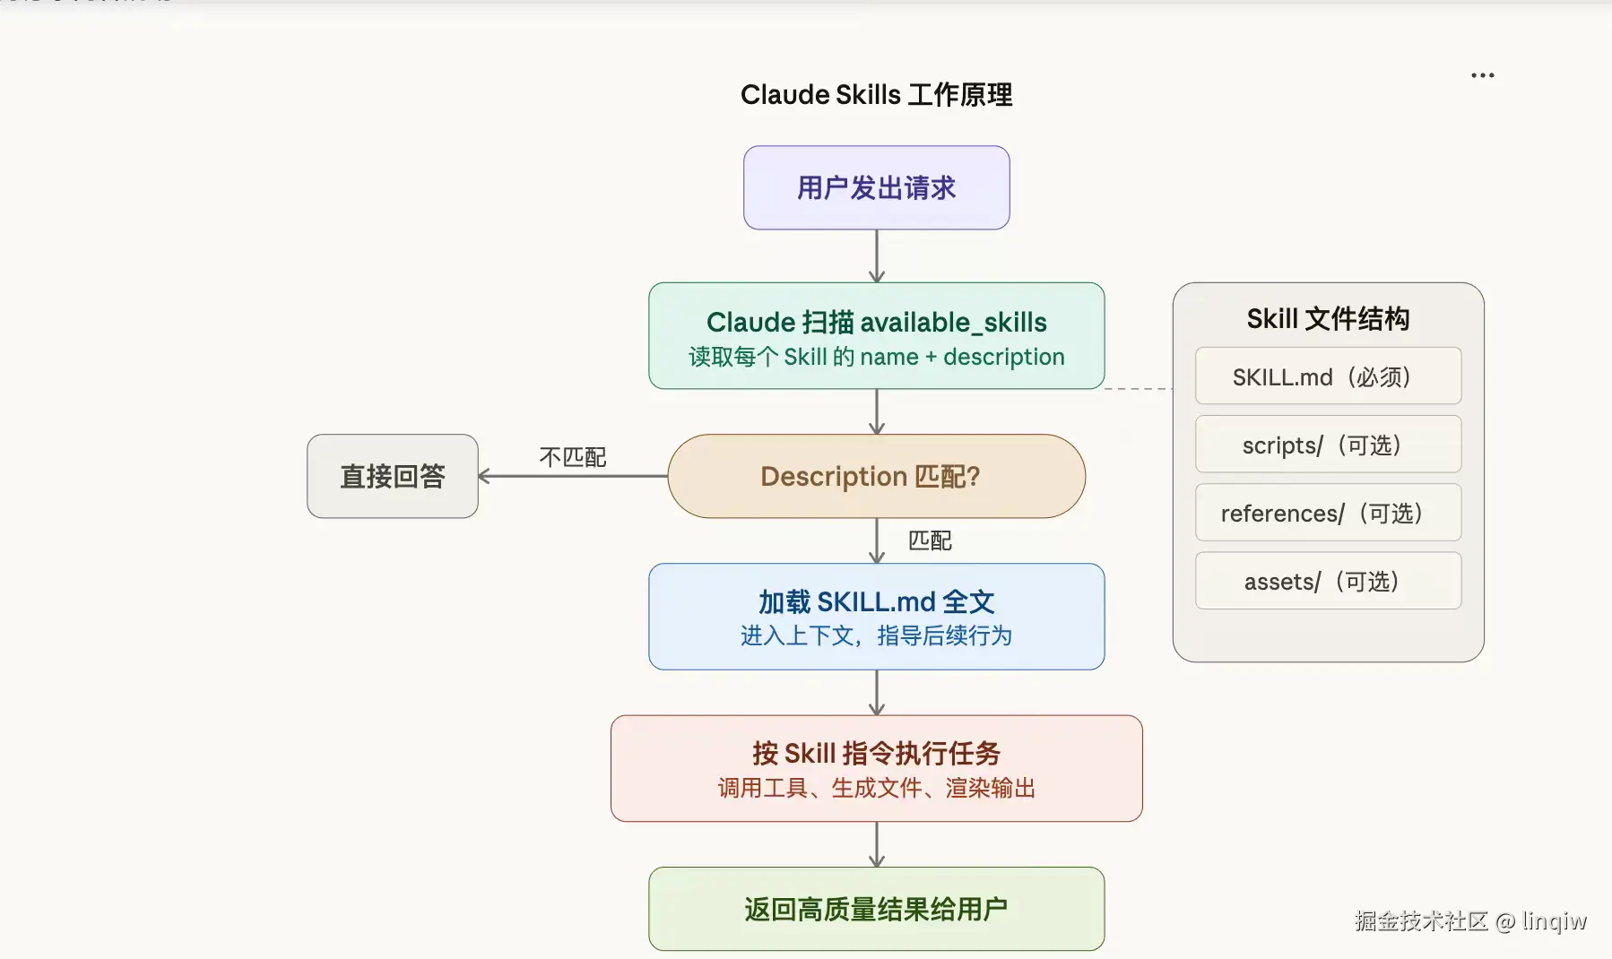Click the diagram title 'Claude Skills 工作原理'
(x=876, y=95)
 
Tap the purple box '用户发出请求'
(x=876, y=188)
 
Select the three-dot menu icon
(x=1482, y=75)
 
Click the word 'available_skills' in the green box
(x=953, y=322)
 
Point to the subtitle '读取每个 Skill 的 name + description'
(x=876, y=357)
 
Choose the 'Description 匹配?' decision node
(x=876, y=476)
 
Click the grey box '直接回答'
(x=393, y=476)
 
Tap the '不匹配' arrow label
(x=572, y=457)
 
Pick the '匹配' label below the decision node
(x=930, y=540)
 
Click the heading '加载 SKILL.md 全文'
(x=876, y=601)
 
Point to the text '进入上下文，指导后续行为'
(x=876, y=635)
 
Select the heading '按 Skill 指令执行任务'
(x=876, y=753)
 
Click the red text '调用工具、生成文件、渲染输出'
(x=876, y=788)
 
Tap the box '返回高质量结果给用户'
(x=876, y=909)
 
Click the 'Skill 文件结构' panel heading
(x=1328, y=319)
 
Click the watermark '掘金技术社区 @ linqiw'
(x=1470, y=920)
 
